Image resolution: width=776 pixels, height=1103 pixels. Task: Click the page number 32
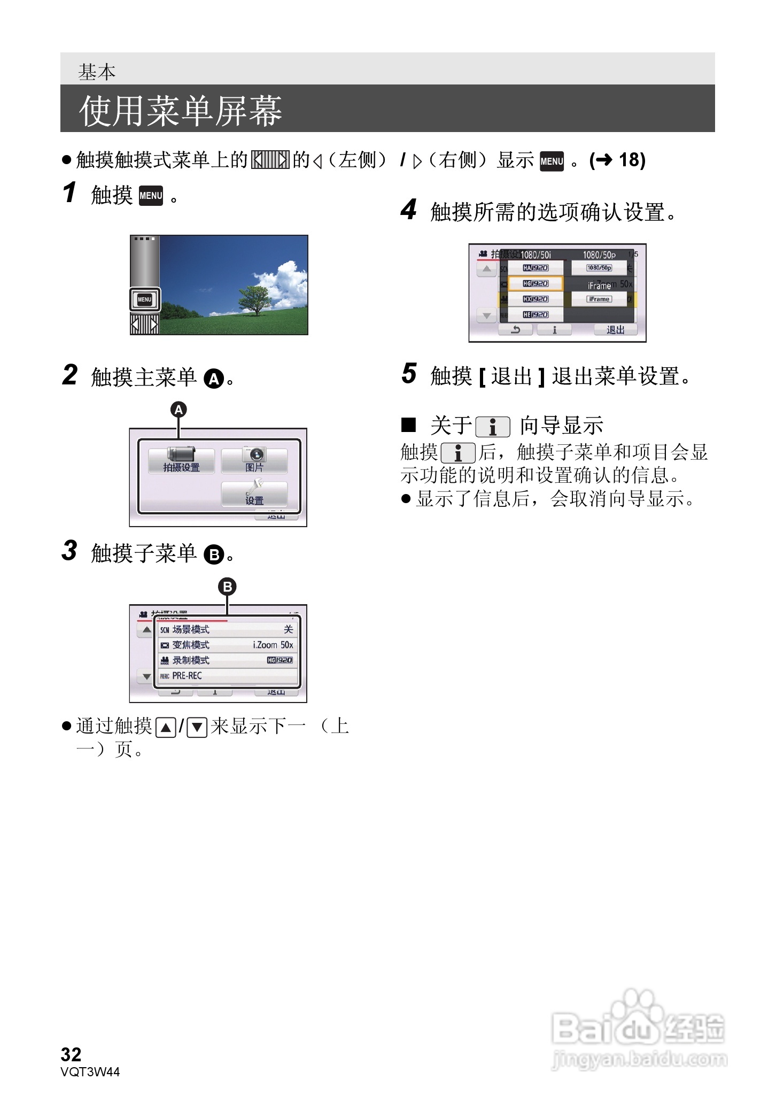tap(71, 1054)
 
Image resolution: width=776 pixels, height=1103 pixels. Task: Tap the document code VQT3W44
tap(90, 1071)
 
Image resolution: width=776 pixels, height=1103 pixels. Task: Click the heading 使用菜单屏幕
tap(180, 111)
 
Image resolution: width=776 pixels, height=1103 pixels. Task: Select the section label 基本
tap(97, 72)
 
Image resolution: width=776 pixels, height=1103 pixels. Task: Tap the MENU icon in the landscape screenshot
tap(145, 299)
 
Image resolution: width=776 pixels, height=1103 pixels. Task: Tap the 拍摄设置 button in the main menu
tap(181, 460)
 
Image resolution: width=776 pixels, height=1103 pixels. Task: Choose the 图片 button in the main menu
tap(254, 460)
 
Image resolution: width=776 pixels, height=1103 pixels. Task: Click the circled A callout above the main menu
tap(179, 410)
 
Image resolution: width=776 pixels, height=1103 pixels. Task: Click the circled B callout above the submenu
tap(227, 587)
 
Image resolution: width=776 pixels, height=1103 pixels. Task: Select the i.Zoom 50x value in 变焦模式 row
tap(273, 645)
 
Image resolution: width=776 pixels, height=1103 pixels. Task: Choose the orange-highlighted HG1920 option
tap(535, 283)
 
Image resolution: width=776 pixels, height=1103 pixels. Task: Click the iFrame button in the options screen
tap(599, 299)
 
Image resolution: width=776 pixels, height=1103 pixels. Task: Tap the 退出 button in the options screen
tap(616, 330)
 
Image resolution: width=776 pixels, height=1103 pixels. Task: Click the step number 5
tap(409, 373)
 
